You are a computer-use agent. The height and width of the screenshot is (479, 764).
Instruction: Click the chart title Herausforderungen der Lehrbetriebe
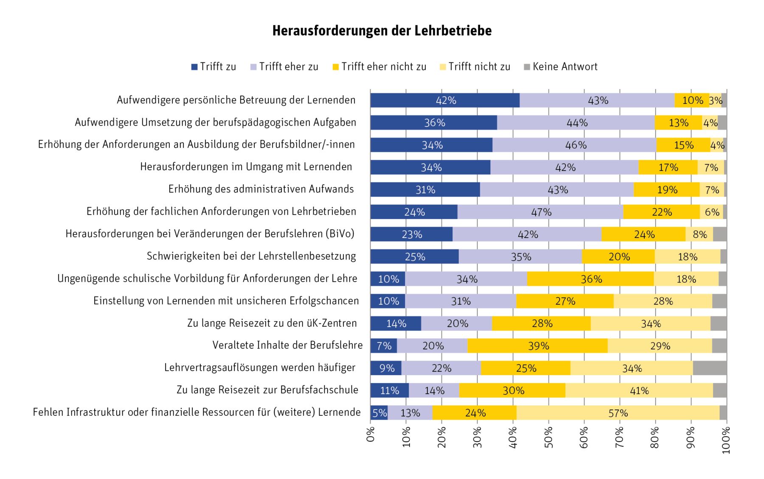[382, 31]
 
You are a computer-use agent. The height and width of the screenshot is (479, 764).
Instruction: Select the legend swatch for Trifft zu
[194, 67]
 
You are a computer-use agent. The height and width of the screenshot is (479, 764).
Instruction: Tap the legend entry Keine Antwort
[561, 67]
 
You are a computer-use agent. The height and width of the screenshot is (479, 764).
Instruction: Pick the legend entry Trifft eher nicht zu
[379, 67]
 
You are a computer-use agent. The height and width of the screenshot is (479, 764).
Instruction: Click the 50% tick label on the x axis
[549, 440]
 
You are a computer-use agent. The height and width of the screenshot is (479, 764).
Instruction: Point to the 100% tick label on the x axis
[726, 440]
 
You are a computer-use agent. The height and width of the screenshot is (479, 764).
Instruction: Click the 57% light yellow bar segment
[618, 413]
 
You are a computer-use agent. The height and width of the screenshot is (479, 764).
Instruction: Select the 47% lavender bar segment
[540, 212]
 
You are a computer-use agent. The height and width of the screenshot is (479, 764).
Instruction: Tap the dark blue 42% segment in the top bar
[445, 100]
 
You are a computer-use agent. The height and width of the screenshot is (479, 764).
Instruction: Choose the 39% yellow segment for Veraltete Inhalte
[537, 346]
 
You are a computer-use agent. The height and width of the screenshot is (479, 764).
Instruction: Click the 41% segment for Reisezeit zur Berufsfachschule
[639, 390]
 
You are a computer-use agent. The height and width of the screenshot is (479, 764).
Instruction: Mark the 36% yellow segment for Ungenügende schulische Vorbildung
[590, 279]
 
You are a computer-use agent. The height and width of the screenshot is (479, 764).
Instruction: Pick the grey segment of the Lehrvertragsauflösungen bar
[710, 368]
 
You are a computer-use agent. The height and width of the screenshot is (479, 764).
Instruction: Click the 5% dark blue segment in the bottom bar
[379, 413]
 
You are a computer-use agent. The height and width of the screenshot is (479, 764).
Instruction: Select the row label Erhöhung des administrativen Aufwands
[261, 189]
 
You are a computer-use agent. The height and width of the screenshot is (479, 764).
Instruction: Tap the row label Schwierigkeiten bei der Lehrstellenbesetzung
[251, 256]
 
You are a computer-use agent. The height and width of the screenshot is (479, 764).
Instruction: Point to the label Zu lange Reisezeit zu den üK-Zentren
[272, 323]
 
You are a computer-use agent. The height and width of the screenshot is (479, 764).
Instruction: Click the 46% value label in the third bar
[576, 145]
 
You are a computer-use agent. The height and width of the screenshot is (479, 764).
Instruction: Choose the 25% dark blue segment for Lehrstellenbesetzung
[415, 256]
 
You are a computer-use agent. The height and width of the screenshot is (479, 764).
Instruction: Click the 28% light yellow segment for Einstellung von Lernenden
[663, 301]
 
